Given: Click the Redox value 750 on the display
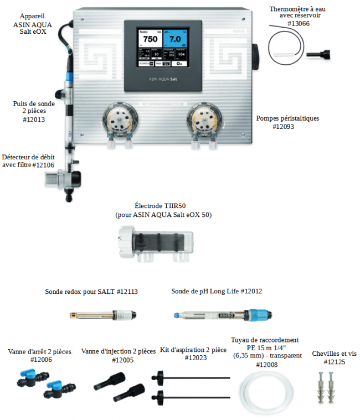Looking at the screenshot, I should tap(150, 39).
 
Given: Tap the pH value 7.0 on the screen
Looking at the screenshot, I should tap(175, 39).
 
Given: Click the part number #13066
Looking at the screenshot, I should tap(299, 24).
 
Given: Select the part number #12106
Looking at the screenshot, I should tap(43, 165).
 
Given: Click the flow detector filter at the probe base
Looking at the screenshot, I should tap(54, 179).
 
